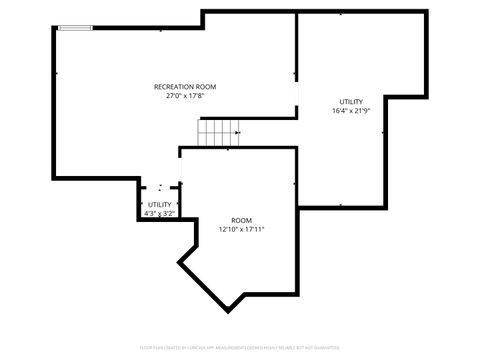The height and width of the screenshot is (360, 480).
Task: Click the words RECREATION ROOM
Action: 185,87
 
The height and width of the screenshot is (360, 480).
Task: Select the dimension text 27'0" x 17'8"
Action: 185,96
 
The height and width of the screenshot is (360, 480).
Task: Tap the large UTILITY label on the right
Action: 351,102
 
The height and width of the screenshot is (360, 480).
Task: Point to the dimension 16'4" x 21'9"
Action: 351,111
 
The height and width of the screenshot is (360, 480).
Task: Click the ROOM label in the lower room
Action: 242,220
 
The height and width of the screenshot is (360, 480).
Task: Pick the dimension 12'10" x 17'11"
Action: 242,229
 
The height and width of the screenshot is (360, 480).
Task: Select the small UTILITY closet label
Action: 160,204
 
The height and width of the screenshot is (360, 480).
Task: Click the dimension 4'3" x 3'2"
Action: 160,213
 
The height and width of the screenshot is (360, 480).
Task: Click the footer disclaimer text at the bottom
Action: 240,349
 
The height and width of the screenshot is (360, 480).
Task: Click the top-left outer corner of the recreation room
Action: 52,28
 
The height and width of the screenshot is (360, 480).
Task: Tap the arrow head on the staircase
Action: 237,131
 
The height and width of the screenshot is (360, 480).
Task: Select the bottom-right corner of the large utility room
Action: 384,207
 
